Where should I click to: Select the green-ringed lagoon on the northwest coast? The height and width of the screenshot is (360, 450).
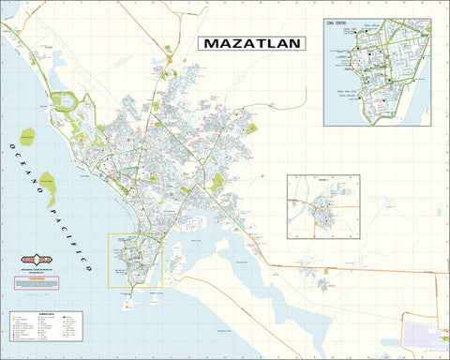(x=66, y=101)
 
